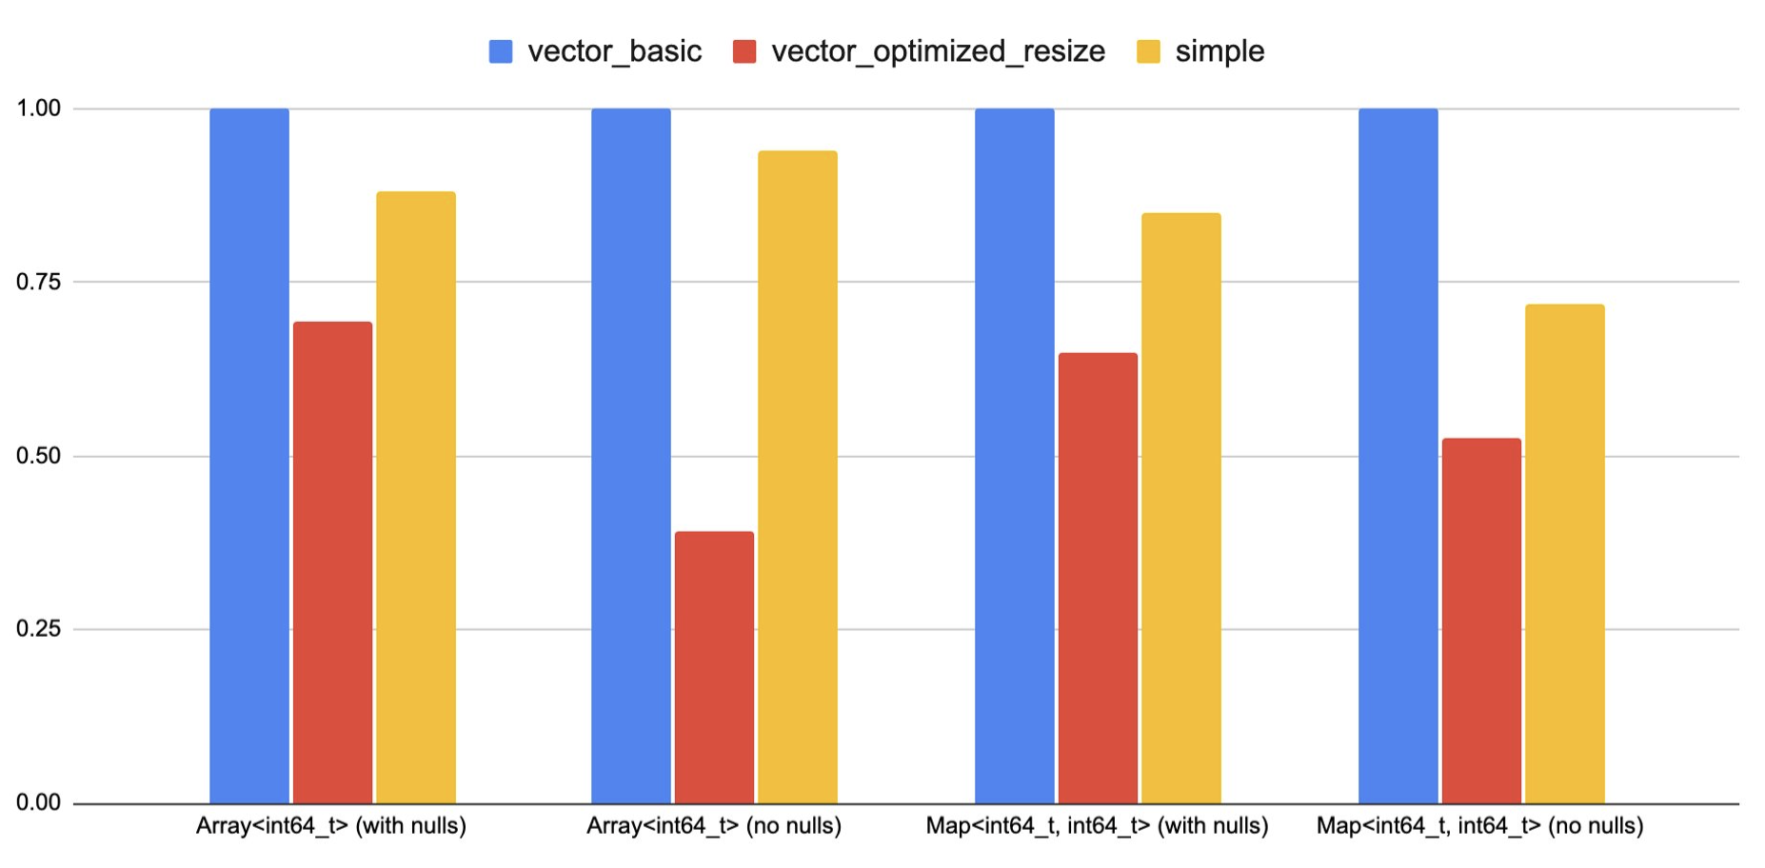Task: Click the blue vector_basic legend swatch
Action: click(501, 51)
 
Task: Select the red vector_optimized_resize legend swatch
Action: click(744, 51)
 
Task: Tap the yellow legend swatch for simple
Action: click(1148, 51)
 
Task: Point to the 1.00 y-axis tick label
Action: click(38, 108)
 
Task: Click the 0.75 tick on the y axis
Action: click(38, 282)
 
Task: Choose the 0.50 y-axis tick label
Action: click(38, 456)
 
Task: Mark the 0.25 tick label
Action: click(38, 629)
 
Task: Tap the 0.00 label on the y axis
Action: click(38, 803)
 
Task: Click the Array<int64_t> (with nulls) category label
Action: click(331, 826)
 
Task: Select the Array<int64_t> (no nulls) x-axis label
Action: click(714, 826)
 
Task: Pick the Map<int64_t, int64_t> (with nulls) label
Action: click(1097, 826)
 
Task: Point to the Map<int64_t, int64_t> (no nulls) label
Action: click(1479, 826)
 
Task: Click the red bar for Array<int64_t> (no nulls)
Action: click(714, 666)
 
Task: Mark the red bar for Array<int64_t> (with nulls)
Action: click(332, 562)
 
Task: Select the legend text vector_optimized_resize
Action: click(938, 51)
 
